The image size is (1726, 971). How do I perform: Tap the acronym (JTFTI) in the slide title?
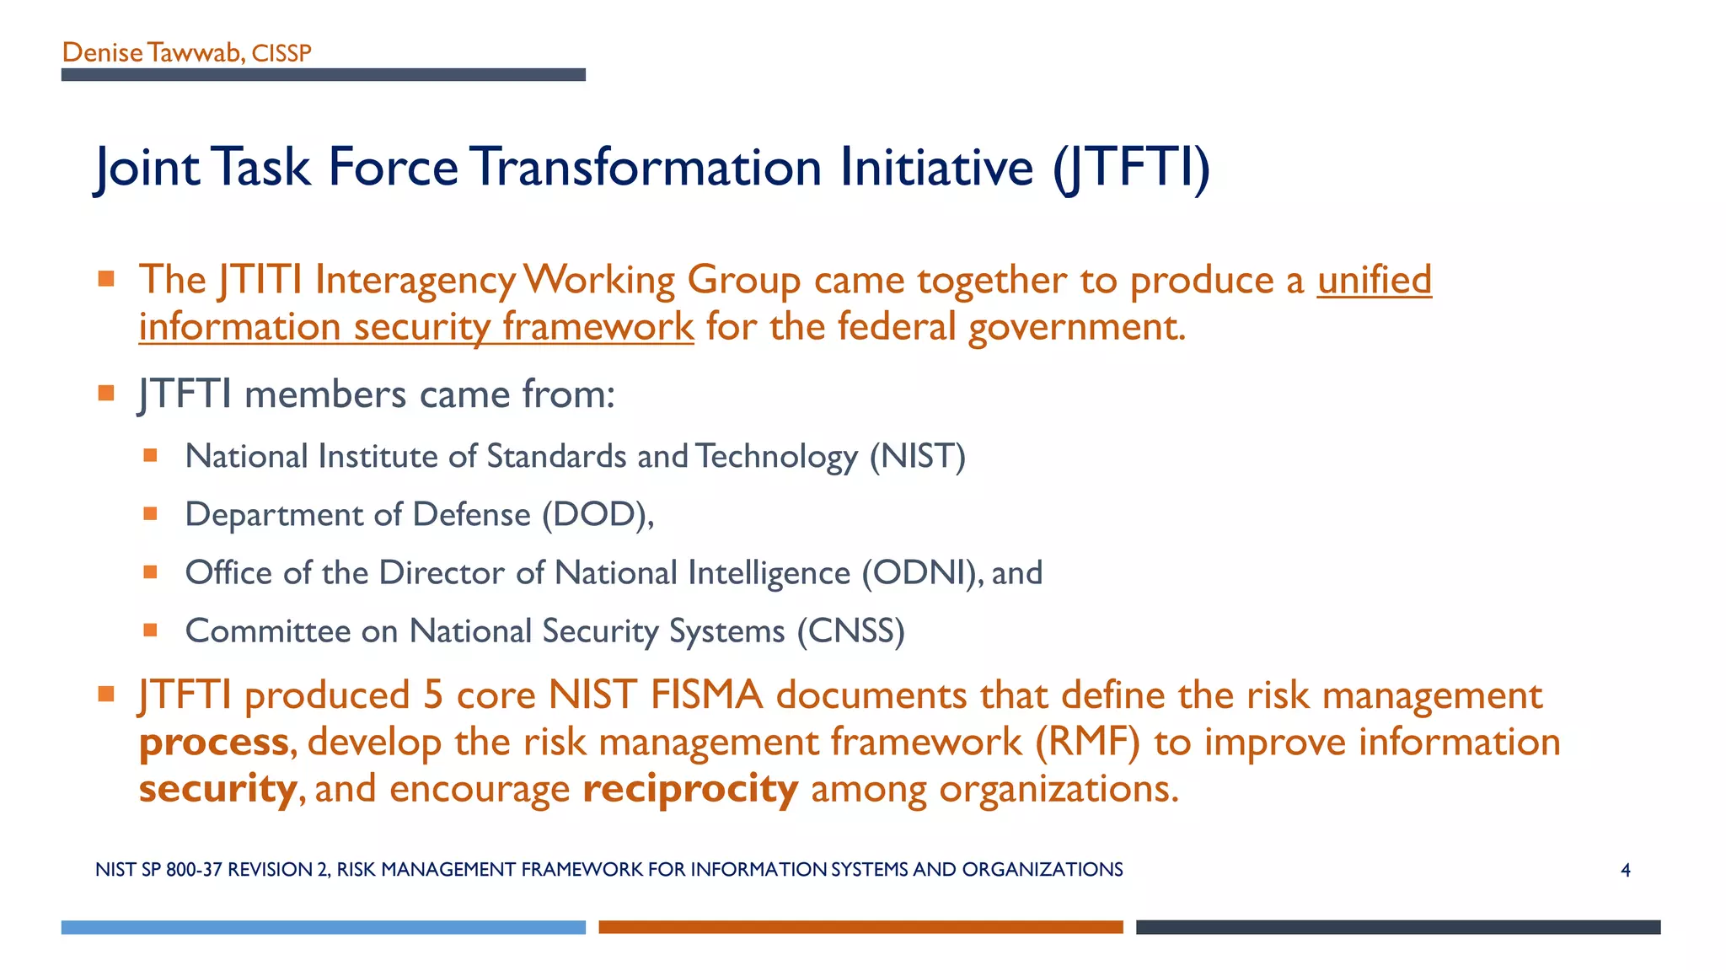pos(1131,167)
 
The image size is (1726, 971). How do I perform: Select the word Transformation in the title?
pos(645,167)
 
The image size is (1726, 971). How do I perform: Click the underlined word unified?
pos(1374,280)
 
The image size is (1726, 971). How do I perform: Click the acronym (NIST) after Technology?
pos(917,456)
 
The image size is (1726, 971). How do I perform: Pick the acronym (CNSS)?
pos(851,631)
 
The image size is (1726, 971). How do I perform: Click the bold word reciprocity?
pos(690,789)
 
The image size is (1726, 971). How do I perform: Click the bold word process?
pos(214,743)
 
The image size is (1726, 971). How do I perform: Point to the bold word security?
pos(217,789)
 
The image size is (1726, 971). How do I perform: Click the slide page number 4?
pos(1626,870)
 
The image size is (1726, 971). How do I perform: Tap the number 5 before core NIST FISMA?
pos(433,696)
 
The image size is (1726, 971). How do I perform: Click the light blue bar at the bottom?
pos(323,927)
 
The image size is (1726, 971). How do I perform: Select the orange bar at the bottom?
pos(860,927)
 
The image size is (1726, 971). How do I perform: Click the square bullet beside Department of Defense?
pos(151,513)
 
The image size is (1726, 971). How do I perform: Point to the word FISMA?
pos(706,696)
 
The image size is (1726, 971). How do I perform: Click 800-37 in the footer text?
pos(194,870)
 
